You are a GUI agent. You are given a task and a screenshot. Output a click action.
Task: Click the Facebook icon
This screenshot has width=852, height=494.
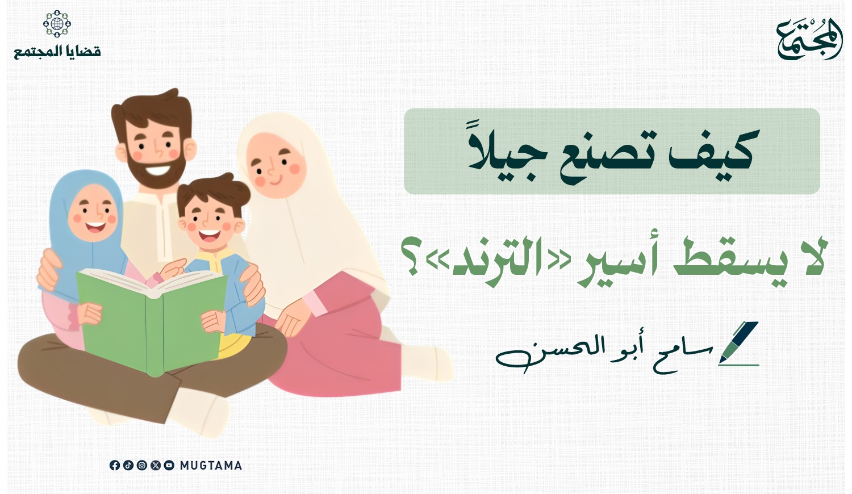(115, 465)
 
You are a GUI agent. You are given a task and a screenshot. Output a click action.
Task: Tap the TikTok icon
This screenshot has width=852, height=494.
(128, 465)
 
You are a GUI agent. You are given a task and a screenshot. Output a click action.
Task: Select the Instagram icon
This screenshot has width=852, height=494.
(142, 465)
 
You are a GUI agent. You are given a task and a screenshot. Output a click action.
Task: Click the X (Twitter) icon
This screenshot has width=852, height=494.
(156, 465)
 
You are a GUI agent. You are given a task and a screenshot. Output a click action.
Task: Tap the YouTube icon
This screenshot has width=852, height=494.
(169, 465)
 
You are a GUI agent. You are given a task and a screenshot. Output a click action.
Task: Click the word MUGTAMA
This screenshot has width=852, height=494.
(211, 466)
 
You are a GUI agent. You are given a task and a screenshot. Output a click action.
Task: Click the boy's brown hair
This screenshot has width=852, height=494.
(213, 194)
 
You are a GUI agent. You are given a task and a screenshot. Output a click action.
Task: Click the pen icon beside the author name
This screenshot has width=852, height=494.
(738, 344)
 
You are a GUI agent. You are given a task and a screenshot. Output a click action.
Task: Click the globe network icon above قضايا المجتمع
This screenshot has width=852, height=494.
(57, 24)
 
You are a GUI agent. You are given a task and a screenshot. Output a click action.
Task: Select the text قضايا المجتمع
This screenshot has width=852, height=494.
(57, 52)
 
